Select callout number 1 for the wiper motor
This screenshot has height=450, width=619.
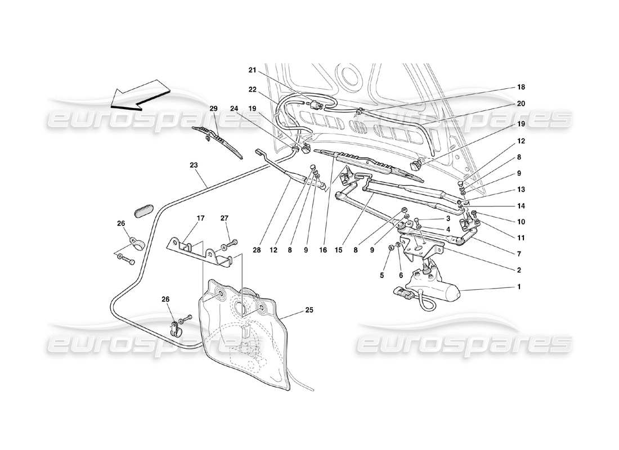click(519, 287)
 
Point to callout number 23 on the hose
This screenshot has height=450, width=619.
click(194, 166)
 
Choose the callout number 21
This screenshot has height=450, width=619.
click(252, 70)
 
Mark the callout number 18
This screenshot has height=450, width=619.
click(520, 88)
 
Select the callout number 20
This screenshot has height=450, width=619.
click(520, 103)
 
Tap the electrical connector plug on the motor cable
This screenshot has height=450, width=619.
click(402, 292)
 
